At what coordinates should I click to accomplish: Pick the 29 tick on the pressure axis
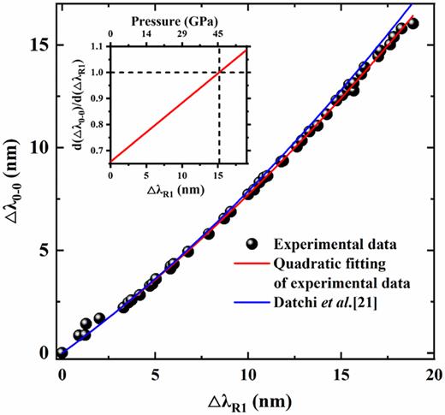[x=182, y=33]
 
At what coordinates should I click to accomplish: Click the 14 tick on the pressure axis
[x=146, y=33]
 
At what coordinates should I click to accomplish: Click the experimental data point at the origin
[x=62, y=353]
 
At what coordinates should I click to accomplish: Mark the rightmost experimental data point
[x=413, y=24]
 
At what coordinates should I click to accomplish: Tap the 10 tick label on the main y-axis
[x=39, y=147]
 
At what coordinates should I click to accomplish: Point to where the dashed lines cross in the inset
[x=219, y=72]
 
